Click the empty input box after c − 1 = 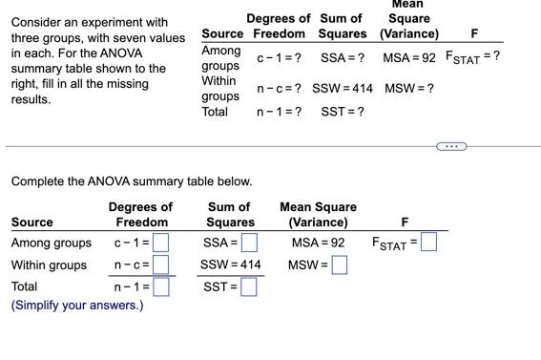(161, 243)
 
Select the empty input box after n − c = (161, 265)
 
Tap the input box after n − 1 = (161, 286)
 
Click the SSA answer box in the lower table (250, 243)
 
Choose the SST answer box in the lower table (250, 286)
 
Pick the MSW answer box (340, 265)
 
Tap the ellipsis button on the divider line (452, 146)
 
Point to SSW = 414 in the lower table (231, 265)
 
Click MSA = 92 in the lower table (318, 243)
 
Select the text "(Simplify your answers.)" (76, 306)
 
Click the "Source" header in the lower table (31, 222)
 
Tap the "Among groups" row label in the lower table (52, 243)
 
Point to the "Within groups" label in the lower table (49, 265)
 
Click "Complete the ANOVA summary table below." (131, 181)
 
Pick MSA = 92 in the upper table (408, 58)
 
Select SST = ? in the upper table (342, 112)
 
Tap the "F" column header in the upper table (474, 34)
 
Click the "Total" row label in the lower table (24, 286)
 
